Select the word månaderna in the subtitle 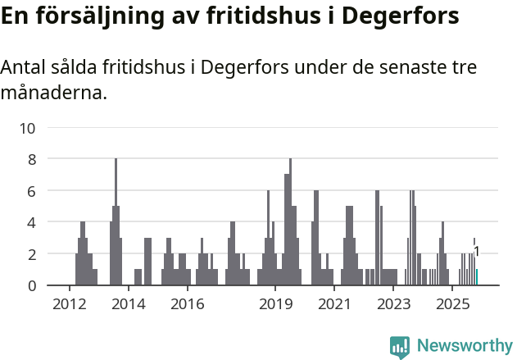pos(53,93)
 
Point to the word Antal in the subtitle pos(25,67)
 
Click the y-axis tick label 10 pos(28,128)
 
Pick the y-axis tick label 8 pos(32,159)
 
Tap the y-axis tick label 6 pos(32,191)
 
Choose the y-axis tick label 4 pos(32,222)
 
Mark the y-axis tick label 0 pos(32,285)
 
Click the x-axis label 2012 pos(69,305)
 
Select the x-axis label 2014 pos(128,305)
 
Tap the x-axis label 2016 pos(187,305)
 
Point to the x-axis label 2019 pos(275,305)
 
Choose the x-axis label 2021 pos(334,305)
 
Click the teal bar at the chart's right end pos(477,277)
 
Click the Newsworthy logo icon pos(400,347)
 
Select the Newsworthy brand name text pos(464,346)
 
